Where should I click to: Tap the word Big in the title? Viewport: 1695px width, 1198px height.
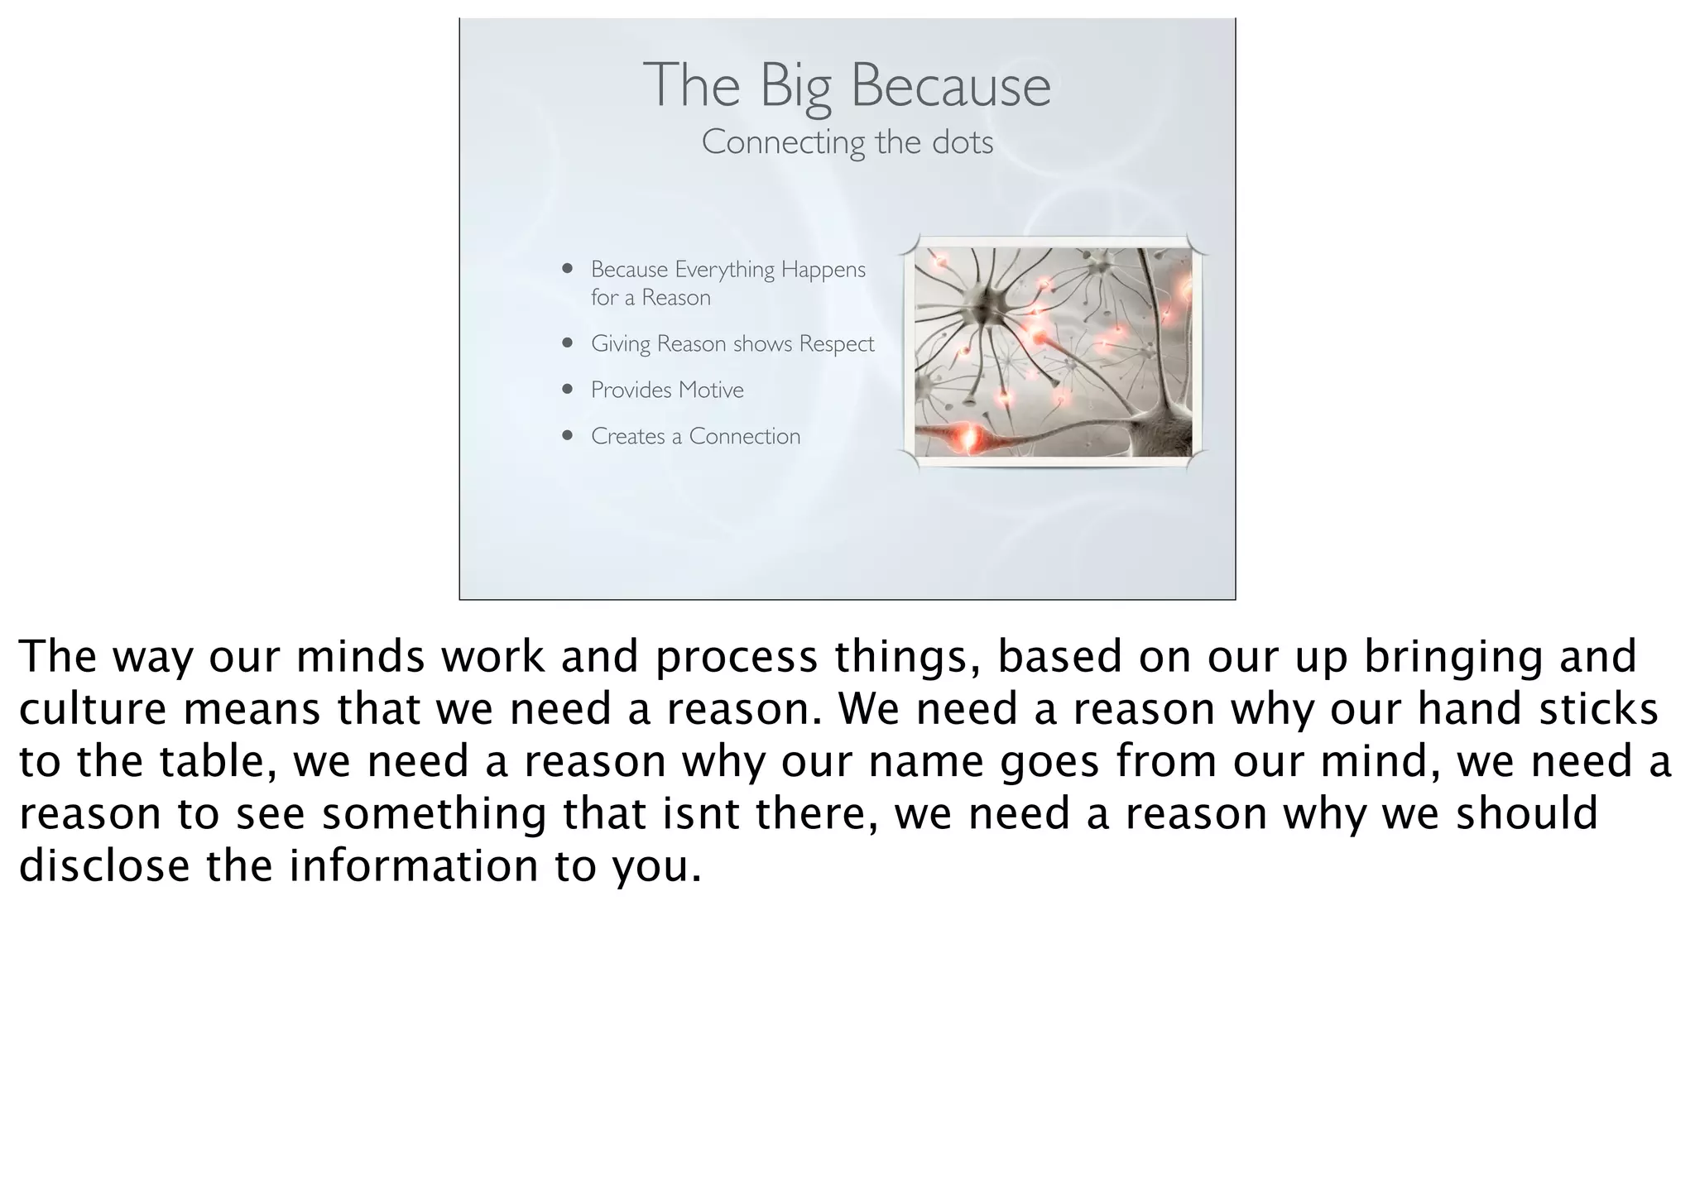[795, 86]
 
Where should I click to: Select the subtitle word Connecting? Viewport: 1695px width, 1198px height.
[783, 142]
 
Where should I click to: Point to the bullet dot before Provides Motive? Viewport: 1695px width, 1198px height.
[567, 389]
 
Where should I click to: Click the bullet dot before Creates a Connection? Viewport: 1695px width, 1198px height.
[567, 435]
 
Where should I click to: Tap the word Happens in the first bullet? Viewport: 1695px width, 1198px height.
[823, 270]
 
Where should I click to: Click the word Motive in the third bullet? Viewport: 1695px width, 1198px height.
[711, 390]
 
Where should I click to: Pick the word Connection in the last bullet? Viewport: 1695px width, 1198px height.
[744, 436]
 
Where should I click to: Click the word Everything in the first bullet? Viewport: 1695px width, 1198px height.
[725, 270]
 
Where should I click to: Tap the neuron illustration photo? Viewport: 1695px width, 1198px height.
[1053, 352]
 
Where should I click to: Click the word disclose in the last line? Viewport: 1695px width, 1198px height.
[104, 866]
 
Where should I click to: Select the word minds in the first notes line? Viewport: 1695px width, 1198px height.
[359, 657]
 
